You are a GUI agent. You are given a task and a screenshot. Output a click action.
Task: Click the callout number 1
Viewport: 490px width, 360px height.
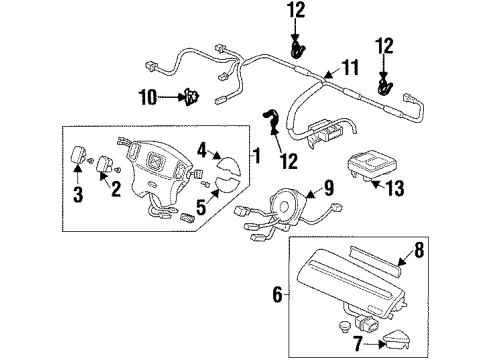tap(256, 155)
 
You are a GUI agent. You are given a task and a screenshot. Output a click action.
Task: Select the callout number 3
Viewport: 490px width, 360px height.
tap(78, 194)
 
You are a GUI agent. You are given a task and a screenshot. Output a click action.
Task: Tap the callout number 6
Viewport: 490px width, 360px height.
tap(277, 294)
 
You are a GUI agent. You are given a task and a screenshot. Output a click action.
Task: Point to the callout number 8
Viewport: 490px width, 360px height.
tap(419, 250)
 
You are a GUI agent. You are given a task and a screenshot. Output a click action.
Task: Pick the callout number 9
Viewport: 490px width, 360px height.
tap(328, 187)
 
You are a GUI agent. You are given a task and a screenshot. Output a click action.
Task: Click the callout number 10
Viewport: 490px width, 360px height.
tap(148, 97)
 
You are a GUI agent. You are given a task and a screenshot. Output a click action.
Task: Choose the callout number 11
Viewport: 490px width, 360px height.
tap(350, 67)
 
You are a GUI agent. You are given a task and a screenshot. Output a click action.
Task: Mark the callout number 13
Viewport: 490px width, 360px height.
tap(396, 188)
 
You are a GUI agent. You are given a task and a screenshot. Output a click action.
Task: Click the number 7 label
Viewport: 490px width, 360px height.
tap(358, 343)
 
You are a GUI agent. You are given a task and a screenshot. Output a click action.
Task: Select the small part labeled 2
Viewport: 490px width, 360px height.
tap(104, 163)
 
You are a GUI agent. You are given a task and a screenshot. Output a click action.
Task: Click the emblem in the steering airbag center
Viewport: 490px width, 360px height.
tap(154, 160)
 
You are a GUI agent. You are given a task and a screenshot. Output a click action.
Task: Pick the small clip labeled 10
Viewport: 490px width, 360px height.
tap(192, 97)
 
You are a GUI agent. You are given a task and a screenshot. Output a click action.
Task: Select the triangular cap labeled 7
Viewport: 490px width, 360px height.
tap(397, 339)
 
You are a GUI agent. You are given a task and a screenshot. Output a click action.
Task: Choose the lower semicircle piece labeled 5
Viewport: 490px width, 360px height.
tap(228, 187)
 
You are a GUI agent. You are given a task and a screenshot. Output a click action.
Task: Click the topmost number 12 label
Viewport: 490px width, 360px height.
tap(296, 10)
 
